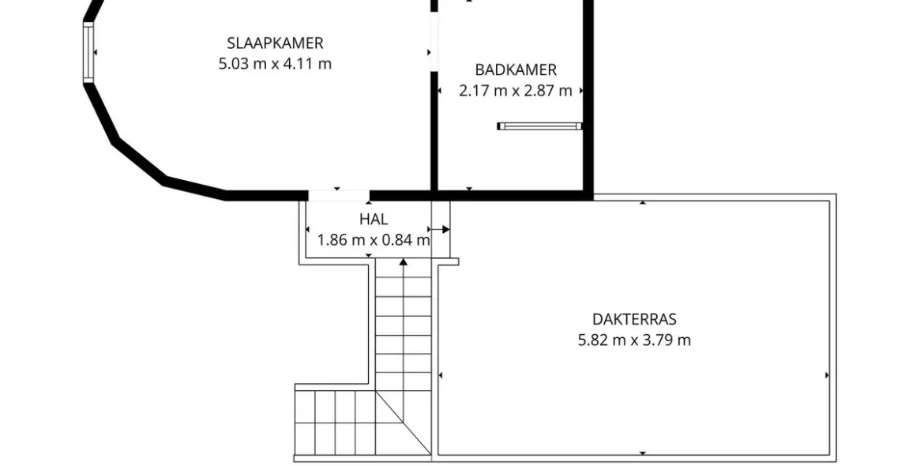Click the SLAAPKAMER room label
(x=275, y=43)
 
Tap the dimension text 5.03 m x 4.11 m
(x=275, y=63)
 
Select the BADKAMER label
(x=516, y=70)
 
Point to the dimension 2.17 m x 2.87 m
(x=516, y=91)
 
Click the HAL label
(x=374, y=220)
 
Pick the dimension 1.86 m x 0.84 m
(x=374, y=240)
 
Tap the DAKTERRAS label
(x=634, y=319)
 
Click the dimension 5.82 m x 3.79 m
(x=634, y=340)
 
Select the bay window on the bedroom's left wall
(x=88, y=52)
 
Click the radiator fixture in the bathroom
(x=540, y=126)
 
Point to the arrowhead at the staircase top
(x=403, y=261)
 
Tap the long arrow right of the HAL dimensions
(x=439, y=229)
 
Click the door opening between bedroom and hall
(x=339, y=195)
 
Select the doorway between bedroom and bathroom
(x=434, y=43)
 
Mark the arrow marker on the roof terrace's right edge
(x=828, y=375)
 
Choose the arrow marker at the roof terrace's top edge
(x=643, y=202)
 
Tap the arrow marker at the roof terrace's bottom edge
(x=643, y=453)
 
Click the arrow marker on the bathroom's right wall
(x=581, y=91)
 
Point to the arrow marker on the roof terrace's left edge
(x=440, y=375)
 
